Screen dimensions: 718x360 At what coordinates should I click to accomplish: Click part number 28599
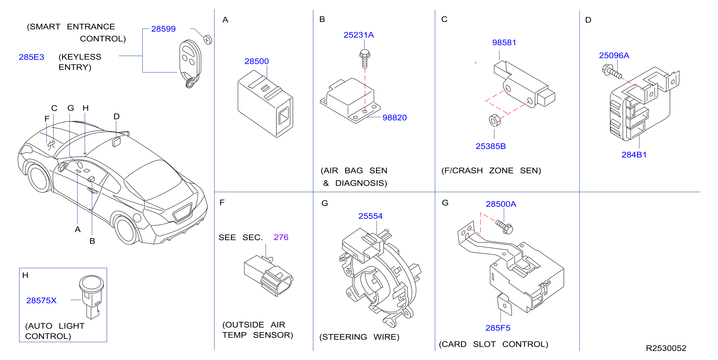pos(163,29)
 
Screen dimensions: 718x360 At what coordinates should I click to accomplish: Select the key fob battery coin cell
pos(208,40)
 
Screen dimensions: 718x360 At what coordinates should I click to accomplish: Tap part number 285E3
pos(31,57)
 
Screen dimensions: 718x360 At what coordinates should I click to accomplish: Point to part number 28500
pos(256,61)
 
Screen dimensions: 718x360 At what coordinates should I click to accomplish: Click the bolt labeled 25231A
pos(364,59)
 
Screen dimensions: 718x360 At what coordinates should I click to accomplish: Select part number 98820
pos(394,118)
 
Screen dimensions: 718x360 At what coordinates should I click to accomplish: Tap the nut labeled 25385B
pos(495,120)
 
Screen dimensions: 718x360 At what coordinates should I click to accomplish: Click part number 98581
pos(504,43)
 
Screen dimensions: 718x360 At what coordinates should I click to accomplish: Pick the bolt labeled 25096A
pos(612,71)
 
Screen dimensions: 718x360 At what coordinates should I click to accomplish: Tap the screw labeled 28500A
pos(504,227)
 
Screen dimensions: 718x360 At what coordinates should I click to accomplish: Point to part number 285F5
pos(498,328)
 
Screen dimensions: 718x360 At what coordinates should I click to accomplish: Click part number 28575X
pos(41,300)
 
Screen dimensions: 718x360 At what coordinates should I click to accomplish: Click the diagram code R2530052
pos(666,348)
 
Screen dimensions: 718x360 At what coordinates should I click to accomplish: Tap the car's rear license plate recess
pos(182,212)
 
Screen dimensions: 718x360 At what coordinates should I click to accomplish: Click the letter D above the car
pos(116,116)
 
